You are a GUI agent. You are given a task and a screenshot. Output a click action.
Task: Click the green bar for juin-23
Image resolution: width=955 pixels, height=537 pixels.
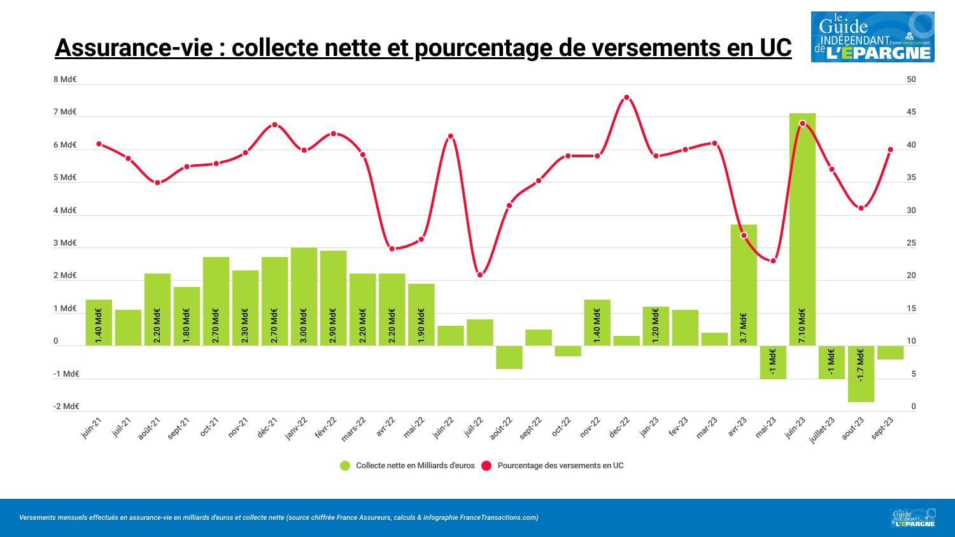click(802, 229)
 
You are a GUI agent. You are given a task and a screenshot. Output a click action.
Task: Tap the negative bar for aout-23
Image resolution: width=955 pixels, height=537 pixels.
click(861, 374)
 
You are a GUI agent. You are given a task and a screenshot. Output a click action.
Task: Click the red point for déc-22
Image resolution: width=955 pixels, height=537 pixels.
click(626, 97)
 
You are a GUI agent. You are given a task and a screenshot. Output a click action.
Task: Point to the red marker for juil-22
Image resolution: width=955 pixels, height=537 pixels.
click(480, 275)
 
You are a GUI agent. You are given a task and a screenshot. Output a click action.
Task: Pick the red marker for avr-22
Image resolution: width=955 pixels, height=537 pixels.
click(392, 249)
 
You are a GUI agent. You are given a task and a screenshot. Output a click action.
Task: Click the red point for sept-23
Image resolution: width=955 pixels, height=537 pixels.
click(891, 150)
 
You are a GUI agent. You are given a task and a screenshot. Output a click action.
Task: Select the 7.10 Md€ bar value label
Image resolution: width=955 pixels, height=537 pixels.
click(802, 326)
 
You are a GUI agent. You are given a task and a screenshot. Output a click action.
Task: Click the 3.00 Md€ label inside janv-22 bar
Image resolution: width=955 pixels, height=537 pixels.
click(304, 326)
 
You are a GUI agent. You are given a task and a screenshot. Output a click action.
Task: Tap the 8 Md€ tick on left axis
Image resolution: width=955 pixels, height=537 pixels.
click(65, 80)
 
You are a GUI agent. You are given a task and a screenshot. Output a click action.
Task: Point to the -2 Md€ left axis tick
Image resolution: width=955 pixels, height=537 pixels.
click(66, 407)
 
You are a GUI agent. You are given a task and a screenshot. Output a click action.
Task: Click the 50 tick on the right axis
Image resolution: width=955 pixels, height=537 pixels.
click(911, 80)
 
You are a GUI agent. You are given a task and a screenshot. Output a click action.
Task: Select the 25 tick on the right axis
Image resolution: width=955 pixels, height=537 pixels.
click(911, 243)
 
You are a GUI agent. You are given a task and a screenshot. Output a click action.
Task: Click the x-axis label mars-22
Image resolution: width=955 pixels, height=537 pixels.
click(353, 429)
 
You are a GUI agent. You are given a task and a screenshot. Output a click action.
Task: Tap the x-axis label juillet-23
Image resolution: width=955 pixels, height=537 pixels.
click(822, 430)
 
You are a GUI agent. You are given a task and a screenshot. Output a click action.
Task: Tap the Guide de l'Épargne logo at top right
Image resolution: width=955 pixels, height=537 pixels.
click(872, 37)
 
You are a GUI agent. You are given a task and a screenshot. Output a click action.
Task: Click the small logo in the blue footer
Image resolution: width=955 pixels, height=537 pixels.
click(913, 518)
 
